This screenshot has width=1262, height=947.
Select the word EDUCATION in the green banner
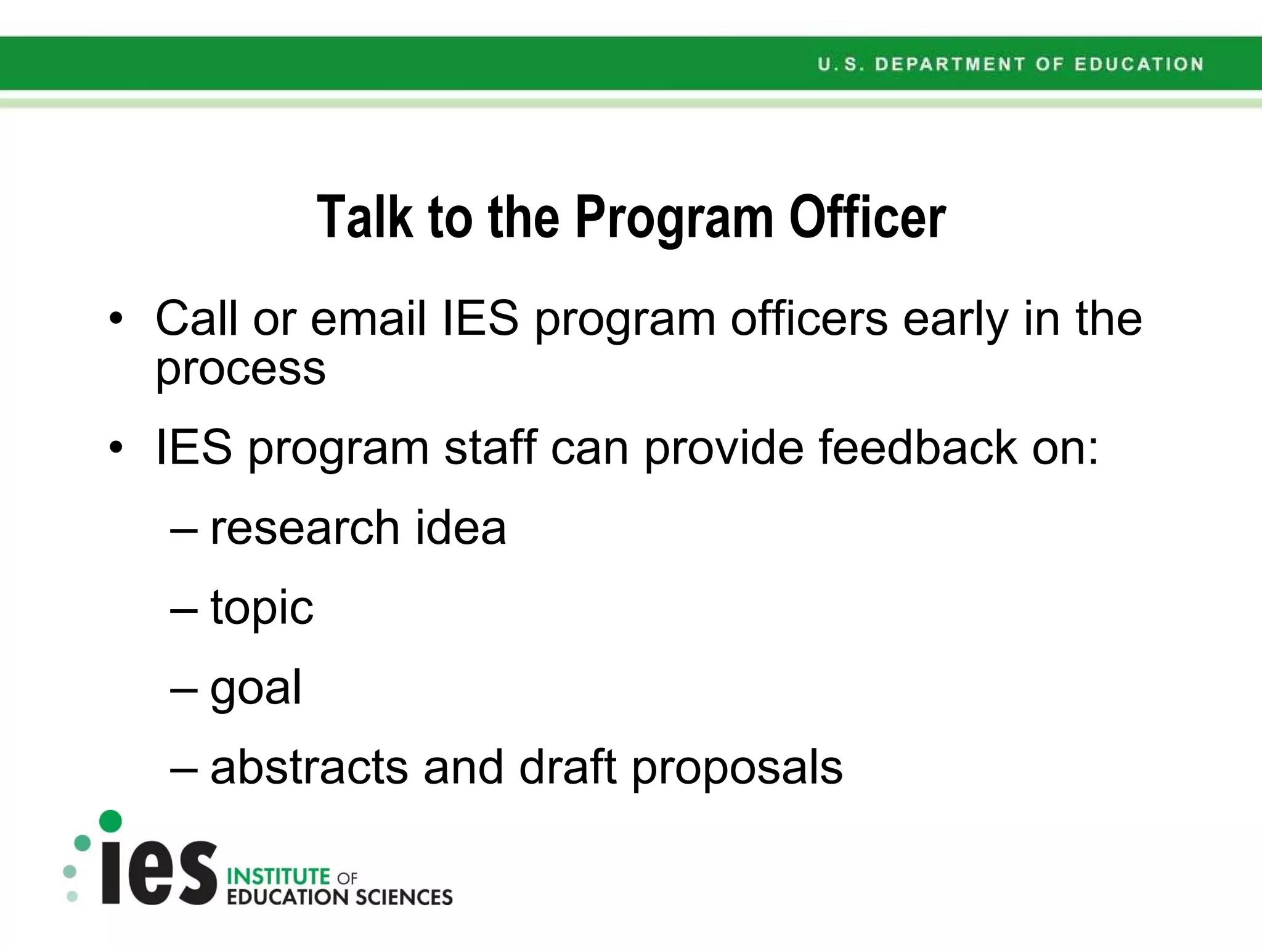tap(1139, 64)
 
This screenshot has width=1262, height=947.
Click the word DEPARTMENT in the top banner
tap(950, 64)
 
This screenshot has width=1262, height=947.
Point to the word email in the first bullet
tap(368, 319)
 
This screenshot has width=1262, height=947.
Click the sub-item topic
tap(262, 608)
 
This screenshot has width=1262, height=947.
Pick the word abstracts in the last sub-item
tap(309, 768)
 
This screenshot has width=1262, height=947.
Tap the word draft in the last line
tap(568, 768)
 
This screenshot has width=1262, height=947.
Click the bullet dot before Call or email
tap(116, 319)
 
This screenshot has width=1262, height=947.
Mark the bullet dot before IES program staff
tap(116, 448)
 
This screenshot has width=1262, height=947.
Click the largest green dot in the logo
tap(111, 821)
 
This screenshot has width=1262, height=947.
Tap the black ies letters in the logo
tap(159, 872)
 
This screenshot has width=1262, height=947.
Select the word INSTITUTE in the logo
tap(279, 876)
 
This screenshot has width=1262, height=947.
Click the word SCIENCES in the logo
tap(404, 898)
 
